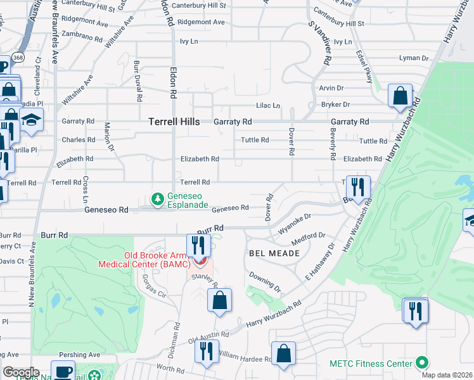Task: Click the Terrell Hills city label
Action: pyautogui.click(x=174, y=121)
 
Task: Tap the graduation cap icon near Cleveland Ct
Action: pyautogui.click(x=30, y=120)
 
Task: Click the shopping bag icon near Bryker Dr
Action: pyautogui.click(x=400, y=96)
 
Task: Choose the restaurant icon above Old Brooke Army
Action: pyautogui.click(x=199, y=244)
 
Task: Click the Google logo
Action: pyautogui.click(x=20, y=372)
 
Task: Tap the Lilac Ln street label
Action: pyautogui.click(x=268, y=106)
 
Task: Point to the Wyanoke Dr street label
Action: pyautogui.click(x=295, y=219)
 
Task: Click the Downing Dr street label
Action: pyautogui.click(x=265, y=282)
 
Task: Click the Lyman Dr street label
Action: pyautogui.click(x=414, y=58)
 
